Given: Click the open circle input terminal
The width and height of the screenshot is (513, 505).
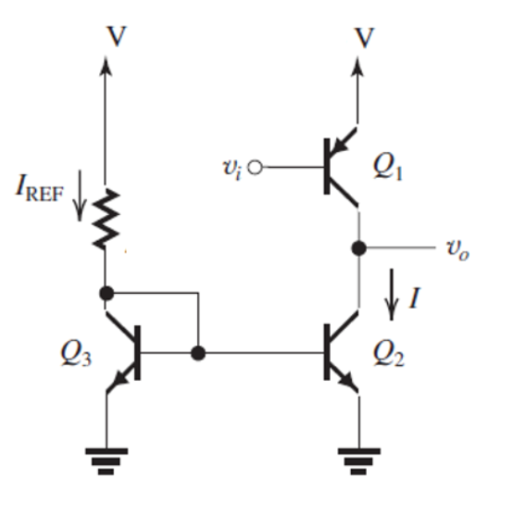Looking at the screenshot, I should [x=256, y=169].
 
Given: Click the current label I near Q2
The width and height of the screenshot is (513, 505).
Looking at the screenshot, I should [x=416, y=297].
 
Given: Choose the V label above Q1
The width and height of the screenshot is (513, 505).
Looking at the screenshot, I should [x=367, y=37].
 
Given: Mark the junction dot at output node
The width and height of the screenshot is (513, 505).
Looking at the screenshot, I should [x=357, y=248].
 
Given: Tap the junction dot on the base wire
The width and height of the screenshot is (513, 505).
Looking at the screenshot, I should [x=197, y=353].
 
